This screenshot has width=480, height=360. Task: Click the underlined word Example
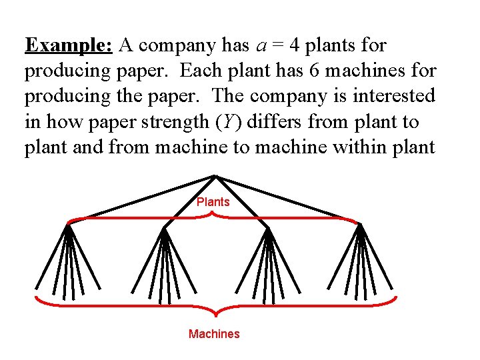pyautogui.click(x=69, y=46)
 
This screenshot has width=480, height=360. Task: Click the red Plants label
pyautogui.click(x=213, y=201)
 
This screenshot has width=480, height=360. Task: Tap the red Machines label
pyautogui.click(x=214, y=334)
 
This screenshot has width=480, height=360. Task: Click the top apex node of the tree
pyautogui.click(x=215, y=176)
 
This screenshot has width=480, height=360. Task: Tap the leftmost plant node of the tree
pyautogui.click(x=67, y=225)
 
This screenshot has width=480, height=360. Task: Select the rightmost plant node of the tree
pyautogui.click(x=361, y=225)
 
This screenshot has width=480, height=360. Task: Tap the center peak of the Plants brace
pyautogui.click(x=213, y=213)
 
